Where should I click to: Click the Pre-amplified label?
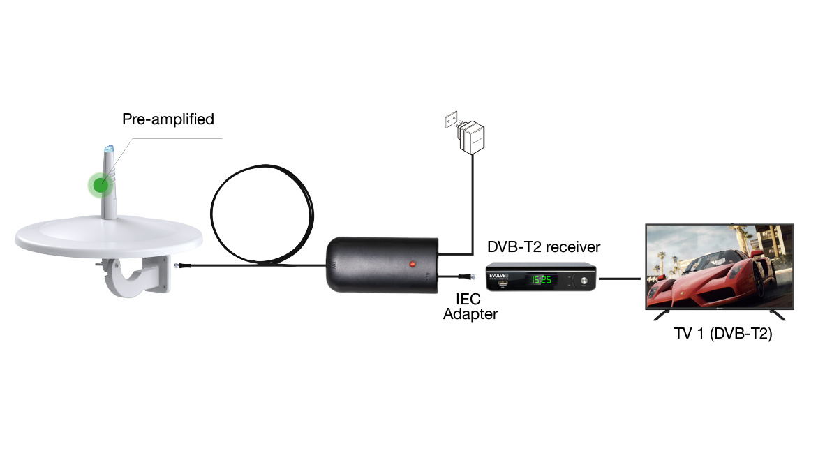pyautogui.click(x=168, y=119)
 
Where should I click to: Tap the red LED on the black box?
pyautogui.click(x=412, y=264)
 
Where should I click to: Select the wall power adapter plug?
pyautogui.click(x=473, y=138)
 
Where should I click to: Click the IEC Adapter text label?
pyautogui.click(x=470, y=307)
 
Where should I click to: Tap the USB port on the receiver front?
pyautogui.click(x=502, y=283)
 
